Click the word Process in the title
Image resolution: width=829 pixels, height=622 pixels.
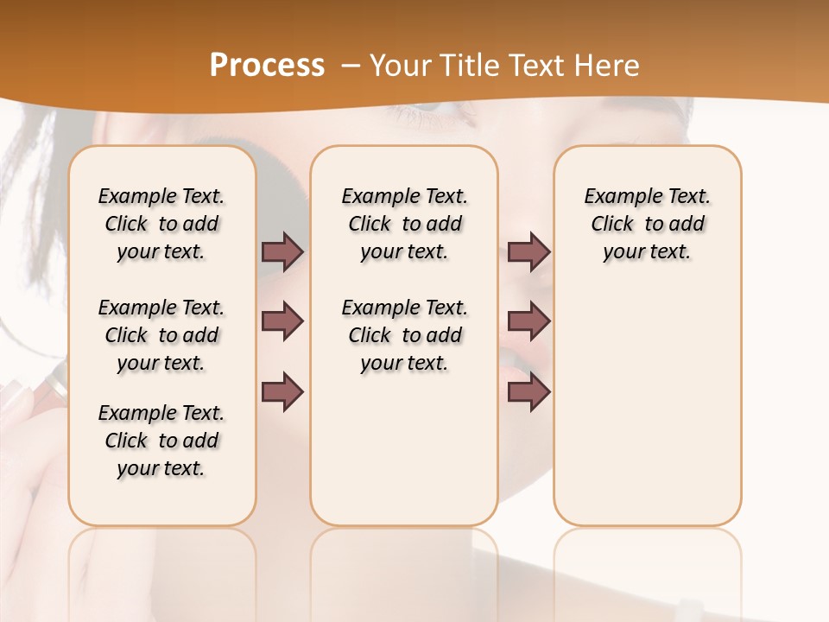tap(267, 66)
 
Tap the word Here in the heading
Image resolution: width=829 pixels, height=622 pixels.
tap(608, 66)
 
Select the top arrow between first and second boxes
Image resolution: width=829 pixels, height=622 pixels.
tap(282, 251)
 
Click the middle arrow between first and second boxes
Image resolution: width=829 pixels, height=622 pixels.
tap(282, 321)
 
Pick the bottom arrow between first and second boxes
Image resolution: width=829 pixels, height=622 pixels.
tap(282, 391)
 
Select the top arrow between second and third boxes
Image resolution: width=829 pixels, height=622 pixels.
tap(528, 251)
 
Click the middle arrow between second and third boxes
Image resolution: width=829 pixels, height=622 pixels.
tap(528, 321)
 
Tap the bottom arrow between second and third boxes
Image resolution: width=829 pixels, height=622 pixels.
tap(528, 391)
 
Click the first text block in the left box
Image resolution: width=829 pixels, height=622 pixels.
tap(161, 224)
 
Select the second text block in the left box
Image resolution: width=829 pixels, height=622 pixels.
tap(161, 335)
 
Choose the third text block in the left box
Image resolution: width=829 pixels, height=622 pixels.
tap(161, 441)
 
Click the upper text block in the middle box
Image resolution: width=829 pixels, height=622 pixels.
tap(404, 224)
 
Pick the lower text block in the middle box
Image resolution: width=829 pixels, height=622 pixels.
tap(404, 335)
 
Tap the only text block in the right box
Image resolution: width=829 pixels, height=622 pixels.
tap(647, 224)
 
